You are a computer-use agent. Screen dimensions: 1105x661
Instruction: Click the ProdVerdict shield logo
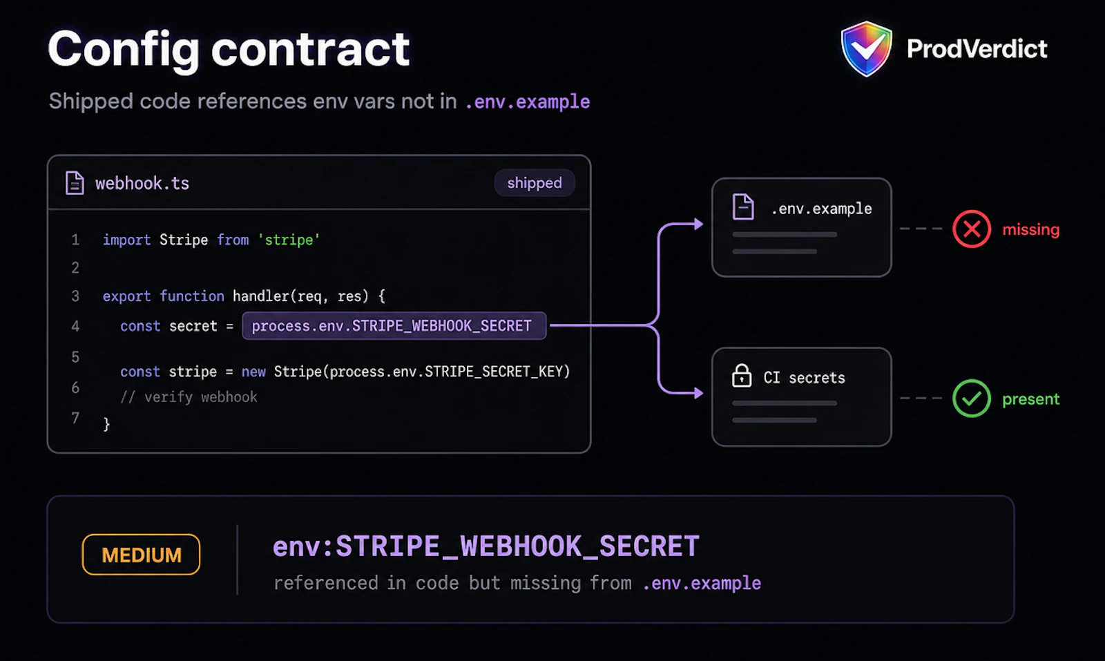point(866,48)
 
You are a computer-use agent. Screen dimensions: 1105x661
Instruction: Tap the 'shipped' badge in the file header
point(535,183)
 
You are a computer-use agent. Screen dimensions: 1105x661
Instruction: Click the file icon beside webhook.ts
point(75,183)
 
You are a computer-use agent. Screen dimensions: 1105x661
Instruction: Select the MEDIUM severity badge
point(141,555)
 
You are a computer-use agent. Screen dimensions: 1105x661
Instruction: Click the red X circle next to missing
point(971,229)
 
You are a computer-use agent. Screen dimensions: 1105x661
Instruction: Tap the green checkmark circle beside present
point(971,398)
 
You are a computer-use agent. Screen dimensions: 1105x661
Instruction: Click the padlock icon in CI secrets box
point(742,376)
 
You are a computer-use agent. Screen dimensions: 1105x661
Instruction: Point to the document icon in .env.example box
point(743,207)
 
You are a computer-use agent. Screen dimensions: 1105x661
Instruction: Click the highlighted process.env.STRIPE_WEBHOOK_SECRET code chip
point(394,325)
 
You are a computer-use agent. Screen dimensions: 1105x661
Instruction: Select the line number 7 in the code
point(75,418)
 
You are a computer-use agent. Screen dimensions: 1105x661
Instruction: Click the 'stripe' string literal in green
point(289,240)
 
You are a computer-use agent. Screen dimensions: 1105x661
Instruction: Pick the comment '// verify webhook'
point(189,397)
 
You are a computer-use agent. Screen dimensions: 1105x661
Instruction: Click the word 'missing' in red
point(1031,229)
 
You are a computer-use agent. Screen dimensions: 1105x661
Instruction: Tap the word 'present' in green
point(1031,399)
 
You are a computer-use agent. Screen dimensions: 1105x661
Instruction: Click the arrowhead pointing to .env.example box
point(698,224)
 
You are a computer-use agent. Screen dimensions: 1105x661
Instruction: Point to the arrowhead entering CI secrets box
point(698,393)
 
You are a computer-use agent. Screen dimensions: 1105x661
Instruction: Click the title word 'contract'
point(310,49)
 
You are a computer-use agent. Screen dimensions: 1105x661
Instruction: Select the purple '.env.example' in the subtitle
point(528,102)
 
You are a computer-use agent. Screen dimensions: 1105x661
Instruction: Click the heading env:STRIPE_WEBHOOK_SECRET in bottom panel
point(486,546)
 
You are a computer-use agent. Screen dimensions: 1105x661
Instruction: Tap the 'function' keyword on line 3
point(192,296)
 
